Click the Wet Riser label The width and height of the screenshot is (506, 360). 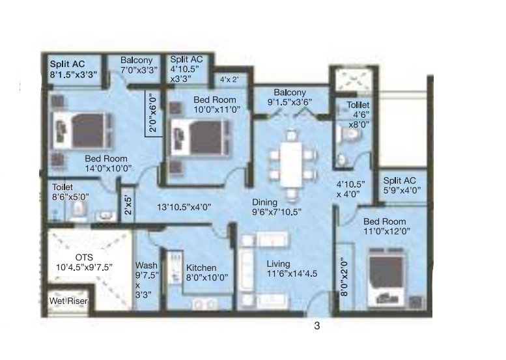click(68, 301)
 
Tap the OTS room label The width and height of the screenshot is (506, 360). click(84, 257)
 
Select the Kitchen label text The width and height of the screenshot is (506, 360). click(201, 268)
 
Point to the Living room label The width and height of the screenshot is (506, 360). click(278, 264)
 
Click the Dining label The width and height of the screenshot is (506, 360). click(264, 202)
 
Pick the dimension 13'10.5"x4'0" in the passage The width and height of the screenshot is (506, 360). click(184, 207)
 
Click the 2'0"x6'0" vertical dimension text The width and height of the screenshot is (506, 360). click(153, 113)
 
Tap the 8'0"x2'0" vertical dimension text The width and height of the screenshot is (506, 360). click(344, 277)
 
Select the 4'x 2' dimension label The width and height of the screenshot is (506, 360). click(229, 79)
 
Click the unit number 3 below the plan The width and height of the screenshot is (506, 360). click(317, 326)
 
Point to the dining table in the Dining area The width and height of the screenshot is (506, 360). click(291, 165)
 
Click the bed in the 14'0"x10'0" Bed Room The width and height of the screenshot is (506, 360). click(82, 131)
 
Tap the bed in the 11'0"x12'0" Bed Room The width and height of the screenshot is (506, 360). click(386, 277)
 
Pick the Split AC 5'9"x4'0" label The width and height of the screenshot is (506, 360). click(402, 186)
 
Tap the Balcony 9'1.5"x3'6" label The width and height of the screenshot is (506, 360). click(289, 98)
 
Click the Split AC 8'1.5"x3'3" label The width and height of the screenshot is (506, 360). click(73, 69)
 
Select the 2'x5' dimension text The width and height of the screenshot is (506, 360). click(128, 205)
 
